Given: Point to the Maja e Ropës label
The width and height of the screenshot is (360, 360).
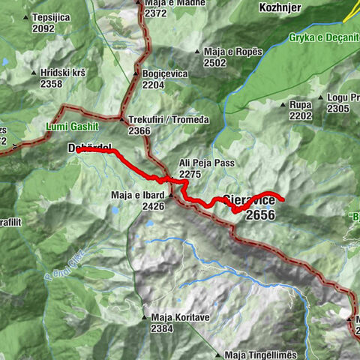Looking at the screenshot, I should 232,52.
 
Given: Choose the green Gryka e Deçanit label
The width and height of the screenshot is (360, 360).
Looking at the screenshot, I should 323,37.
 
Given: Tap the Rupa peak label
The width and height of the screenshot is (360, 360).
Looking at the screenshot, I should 301,105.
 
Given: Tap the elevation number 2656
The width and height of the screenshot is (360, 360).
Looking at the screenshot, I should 259,215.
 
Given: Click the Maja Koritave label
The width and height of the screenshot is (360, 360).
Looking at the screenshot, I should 178,317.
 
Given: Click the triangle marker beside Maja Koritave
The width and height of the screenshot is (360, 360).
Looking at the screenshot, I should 143,317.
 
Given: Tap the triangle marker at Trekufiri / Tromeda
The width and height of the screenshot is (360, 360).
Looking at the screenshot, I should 121,119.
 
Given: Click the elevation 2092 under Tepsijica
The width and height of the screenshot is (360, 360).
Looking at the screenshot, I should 43,28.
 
